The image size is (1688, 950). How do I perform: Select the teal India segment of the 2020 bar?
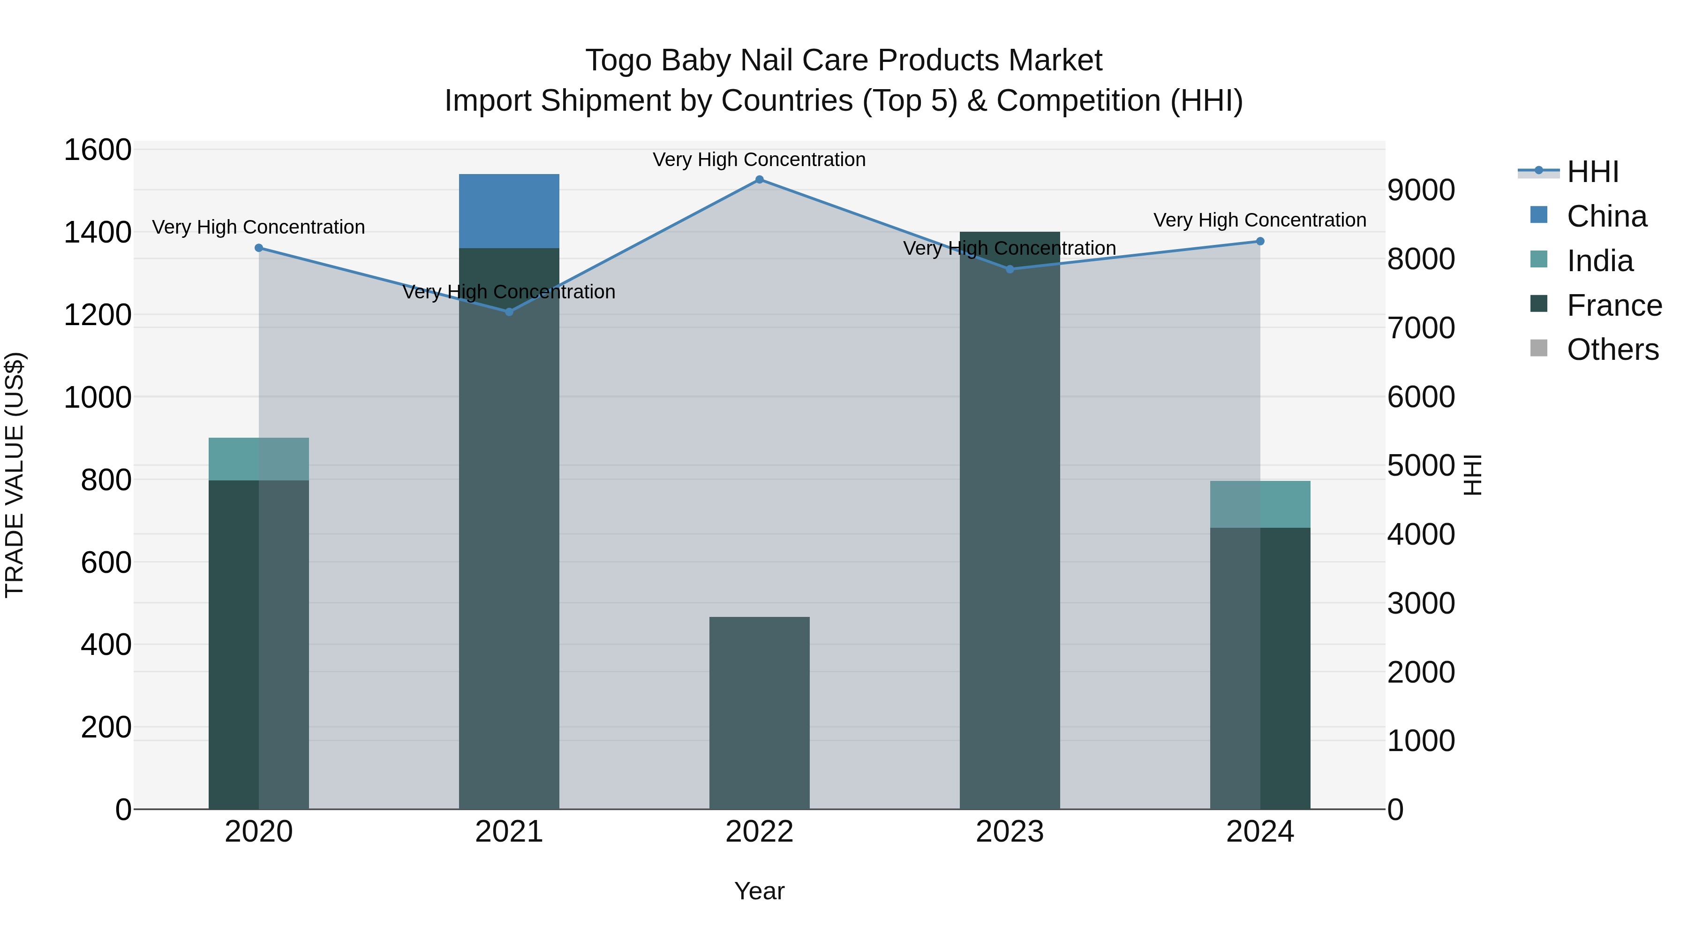tap(258, 458)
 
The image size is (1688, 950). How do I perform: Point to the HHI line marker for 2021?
tap(509, 312)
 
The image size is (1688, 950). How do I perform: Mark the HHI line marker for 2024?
tap(1259, 241)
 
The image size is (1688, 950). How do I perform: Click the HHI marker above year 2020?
tap(259, 248)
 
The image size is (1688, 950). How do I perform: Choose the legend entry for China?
tap(1606, 216)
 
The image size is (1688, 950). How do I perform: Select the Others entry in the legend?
tap(1612, 350)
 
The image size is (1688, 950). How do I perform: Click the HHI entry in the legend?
tap(1592, 172)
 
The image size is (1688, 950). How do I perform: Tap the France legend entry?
tap(1614, 305)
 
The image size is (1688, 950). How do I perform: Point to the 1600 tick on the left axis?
tap(98, 150)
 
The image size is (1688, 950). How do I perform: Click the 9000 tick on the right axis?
tap(1421, 190)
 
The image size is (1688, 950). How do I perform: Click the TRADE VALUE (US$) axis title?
tap(15, 475)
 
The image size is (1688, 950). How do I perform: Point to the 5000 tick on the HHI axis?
tap(1421, 465)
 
